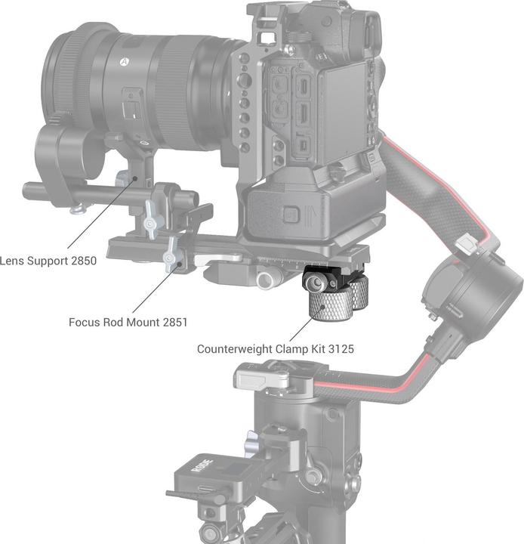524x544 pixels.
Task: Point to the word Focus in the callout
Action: pos(85,322)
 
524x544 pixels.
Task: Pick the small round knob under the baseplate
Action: pos(266,280)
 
